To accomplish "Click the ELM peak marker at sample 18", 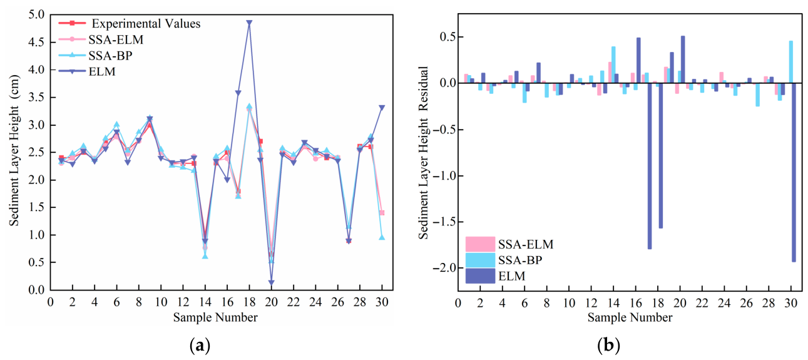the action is [249, 23].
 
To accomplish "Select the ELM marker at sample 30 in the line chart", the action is [382, 108].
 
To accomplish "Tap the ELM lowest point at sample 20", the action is [271, 283].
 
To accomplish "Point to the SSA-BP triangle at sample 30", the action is [382, 237].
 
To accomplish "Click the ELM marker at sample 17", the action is [238, 93].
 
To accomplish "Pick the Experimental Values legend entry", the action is [130, 23].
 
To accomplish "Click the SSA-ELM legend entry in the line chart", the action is [101, 39].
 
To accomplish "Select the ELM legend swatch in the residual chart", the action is [480, 276].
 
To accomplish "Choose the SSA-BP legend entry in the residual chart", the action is [504, 260].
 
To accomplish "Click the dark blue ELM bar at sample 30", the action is [794, 172].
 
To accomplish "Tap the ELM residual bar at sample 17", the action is [650, 167].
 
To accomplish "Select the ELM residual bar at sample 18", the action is [661, 156].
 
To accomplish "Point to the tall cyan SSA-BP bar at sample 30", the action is [790, 62].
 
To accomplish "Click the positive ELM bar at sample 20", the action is [683, 59].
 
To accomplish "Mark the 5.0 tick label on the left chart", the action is [36, 15].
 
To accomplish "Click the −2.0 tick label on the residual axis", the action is [442, 268].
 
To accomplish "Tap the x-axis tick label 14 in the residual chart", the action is [613, 302].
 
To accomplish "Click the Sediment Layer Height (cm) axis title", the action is [14, 151].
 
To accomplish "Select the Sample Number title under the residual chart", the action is [630, 317].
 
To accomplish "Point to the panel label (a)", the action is [200, 346].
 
